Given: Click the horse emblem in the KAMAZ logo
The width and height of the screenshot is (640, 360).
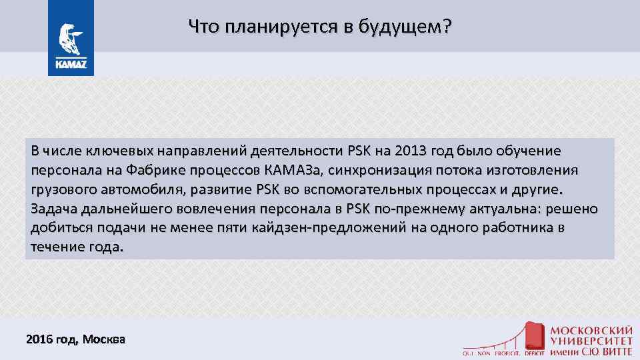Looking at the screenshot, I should tap(70, 41).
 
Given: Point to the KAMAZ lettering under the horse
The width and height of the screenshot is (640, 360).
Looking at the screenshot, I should tap(70, 66).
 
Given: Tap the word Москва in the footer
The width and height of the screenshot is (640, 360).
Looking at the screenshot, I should tap(103, 339).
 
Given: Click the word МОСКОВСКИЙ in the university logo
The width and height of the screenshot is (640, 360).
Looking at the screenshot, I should tap(591, 330).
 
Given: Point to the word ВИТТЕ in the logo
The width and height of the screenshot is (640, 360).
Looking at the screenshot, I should tap(613, 351).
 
